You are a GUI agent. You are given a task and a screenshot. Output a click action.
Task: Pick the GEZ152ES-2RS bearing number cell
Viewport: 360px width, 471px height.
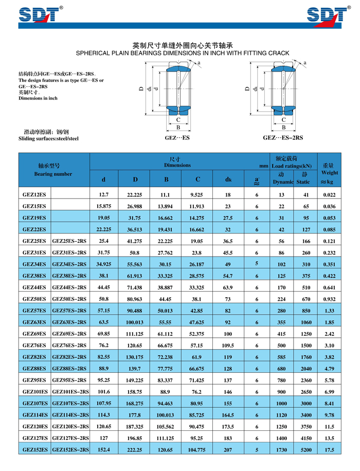click(70, 449)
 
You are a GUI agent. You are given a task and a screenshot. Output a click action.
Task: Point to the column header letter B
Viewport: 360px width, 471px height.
click(167, 179)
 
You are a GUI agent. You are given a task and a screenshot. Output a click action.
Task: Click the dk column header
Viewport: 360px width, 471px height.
click(228, 179)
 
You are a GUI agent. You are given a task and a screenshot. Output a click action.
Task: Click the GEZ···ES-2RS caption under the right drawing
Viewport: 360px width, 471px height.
click(283, 138)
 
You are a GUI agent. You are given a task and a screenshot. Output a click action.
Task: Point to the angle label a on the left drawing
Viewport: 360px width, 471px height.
click(199, 63)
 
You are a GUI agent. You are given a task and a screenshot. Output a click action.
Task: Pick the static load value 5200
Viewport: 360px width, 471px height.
click(305, 449)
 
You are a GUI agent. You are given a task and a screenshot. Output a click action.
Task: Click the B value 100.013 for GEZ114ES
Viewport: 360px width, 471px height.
click(166, 414)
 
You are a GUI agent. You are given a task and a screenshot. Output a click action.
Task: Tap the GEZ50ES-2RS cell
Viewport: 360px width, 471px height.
click(69, 299)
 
